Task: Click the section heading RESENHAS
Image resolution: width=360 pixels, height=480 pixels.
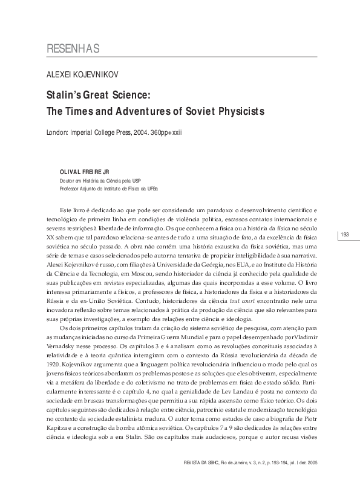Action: (73, 49)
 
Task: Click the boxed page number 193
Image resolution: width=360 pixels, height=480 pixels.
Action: (345, 234)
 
